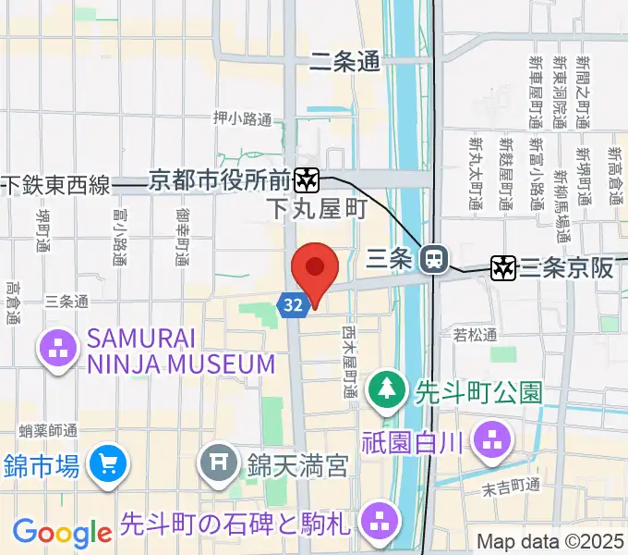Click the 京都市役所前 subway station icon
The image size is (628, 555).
click(307, 179)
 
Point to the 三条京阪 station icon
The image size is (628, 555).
click(503, 268)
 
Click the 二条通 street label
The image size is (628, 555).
click(344, 62)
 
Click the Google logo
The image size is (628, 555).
click(62, 533)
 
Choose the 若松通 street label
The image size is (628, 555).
click(476, 335)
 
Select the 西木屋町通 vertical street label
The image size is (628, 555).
click(349, 362)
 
